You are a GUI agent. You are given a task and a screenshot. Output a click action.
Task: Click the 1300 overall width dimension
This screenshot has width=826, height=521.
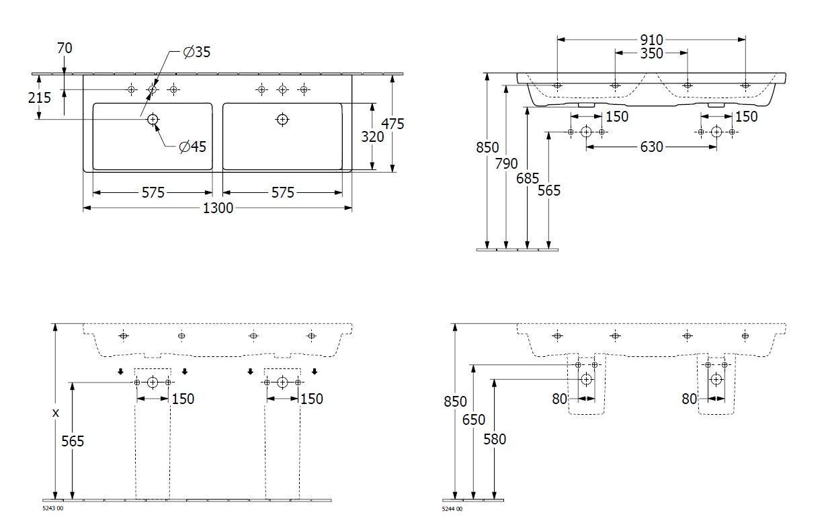(218, 208)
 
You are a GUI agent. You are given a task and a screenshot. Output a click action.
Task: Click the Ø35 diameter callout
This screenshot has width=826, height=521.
(197, 52)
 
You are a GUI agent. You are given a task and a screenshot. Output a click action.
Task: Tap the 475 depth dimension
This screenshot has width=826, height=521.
(393, 124)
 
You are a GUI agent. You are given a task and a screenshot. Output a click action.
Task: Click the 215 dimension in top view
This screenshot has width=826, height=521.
(39, 97)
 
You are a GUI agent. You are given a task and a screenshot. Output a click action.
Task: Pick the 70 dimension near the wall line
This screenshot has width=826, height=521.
(65, 48)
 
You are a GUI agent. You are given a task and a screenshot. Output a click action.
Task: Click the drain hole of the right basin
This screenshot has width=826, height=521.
(282, 120)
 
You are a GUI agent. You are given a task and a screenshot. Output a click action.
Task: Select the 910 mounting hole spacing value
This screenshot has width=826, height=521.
(651, 40)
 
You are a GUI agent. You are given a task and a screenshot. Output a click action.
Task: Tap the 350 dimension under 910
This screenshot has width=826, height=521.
(651, 53)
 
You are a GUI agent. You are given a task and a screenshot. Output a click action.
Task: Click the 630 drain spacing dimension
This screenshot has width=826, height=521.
(651, 147)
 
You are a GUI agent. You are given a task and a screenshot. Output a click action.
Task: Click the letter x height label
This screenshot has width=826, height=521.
(56, 413)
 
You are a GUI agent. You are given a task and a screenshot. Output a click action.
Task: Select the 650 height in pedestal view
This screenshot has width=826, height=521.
(473, 420)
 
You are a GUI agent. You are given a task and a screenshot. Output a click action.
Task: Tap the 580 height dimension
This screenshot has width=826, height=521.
(495, 439)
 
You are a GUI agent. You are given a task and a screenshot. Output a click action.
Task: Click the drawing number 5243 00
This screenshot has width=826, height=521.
(53, 508)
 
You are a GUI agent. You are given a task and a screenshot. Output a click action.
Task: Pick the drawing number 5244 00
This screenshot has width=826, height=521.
(452, 509)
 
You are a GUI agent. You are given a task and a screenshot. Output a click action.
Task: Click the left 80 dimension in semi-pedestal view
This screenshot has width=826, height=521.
(560, 399)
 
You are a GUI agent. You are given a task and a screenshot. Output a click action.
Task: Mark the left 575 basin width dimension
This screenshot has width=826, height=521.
(153, 193)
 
